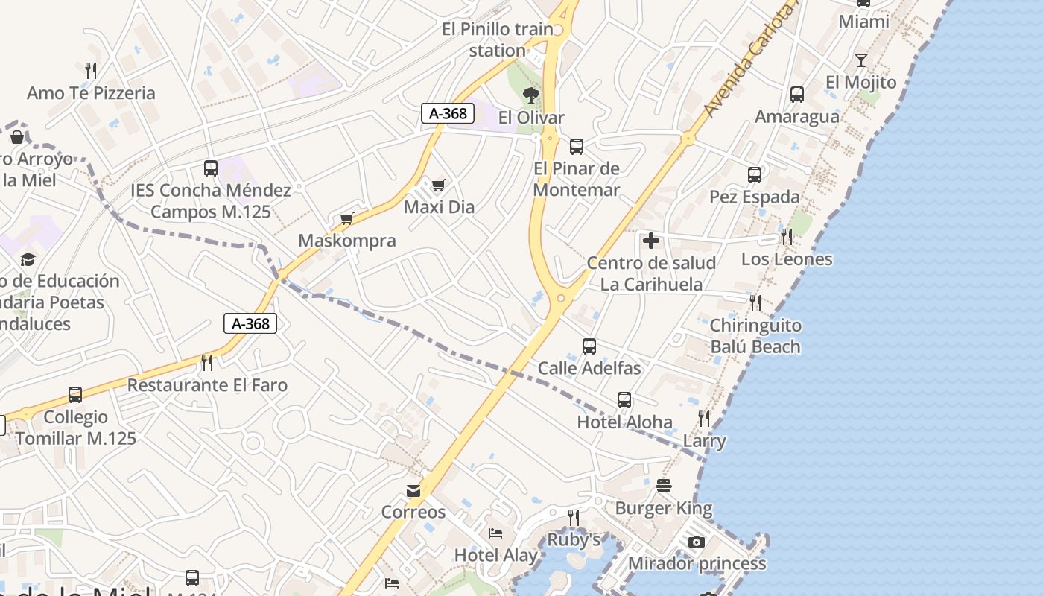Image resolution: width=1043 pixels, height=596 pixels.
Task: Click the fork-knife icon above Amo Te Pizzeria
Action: click(x=91, y=71)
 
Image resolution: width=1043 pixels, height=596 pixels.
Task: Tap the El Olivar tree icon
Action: click(x=530, y=95)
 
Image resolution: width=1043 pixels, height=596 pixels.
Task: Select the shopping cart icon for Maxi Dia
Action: click(x=438, y=184)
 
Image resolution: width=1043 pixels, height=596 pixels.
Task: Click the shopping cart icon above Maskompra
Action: click(x=346, y=218)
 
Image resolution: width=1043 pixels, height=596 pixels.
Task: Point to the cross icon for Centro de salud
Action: click(x=651, y=241)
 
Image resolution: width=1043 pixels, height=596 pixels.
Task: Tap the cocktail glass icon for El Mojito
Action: click(x=861, y=60)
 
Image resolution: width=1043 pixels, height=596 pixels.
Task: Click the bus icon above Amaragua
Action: click(x=797, y=95)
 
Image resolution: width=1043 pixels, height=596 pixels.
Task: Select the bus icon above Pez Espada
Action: click(x=755, y=175)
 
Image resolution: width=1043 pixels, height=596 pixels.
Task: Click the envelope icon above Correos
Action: click(x=413, y=490)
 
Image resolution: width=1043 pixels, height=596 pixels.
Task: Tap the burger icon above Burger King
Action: click(x=664, y=486)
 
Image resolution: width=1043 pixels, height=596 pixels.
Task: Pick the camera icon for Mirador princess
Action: click(x=697, y=542)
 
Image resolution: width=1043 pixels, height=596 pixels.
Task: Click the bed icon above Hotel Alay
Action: click(x=495, y=533)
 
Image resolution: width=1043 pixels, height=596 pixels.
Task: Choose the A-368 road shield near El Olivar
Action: click(x=448, y=113)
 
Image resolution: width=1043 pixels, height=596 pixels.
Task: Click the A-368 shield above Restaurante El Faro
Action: click(x=250, y=323)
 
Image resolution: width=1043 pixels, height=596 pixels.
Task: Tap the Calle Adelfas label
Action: click(x=589, y=368)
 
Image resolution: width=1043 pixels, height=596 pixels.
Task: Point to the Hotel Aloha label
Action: click(x=624, y=422)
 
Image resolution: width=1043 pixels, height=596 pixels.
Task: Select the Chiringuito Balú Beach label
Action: click(x=755, y=336)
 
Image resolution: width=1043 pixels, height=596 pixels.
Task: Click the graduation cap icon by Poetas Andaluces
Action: click(x=28, y=259)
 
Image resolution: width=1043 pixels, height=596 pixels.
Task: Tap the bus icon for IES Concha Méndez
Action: click(x=211, y=168)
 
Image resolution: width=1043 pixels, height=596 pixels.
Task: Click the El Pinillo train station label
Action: click(x=498, y=39)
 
